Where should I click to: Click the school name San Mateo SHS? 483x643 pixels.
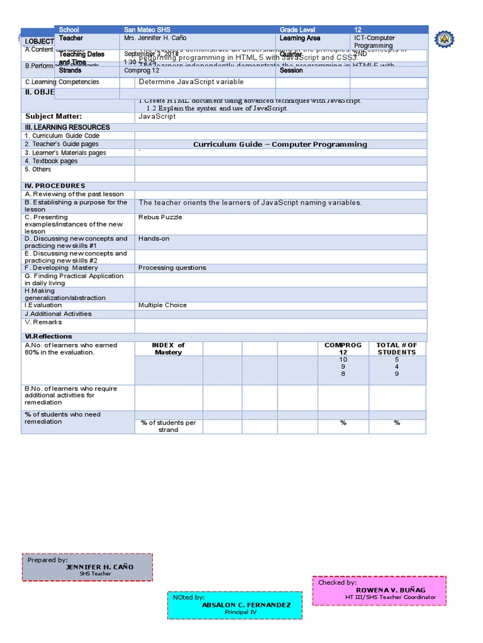click(147, 30)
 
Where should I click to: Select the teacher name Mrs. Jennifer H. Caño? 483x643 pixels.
click(155, 38)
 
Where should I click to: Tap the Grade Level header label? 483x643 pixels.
click(299, 30)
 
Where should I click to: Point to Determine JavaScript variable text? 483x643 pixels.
click(191, 82)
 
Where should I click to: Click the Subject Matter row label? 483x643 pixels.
click(53, 116)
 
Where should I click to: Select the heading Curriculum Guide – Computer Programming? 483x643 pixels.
click(280, 144)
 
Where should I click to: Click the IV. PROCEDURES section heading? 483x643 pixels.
click(55, 186)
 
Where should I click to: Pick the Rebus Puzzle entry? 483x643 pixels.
click(160, 217)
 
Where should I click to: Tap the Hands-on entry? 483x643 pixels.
click(154, 239)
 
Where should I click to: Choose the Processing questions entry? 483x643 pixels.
click(172, 267)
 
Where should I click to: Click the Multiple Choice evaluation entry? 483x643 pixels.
click(162, 305)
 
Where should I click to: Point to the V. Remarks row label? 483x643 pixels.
click(43, 322)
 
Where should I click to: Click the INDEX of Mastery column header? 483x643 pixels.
click(168, 349)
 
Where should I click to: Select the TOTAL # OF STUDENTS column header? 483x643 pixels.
click(397, 349)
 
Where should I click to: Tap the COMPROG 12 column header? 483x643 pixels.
click(343, 349)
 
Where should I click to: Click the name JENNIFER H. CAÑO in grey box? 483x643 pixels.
click(99, 566)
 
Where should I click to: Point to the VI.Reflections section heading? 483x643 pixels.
click(48, 337)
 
